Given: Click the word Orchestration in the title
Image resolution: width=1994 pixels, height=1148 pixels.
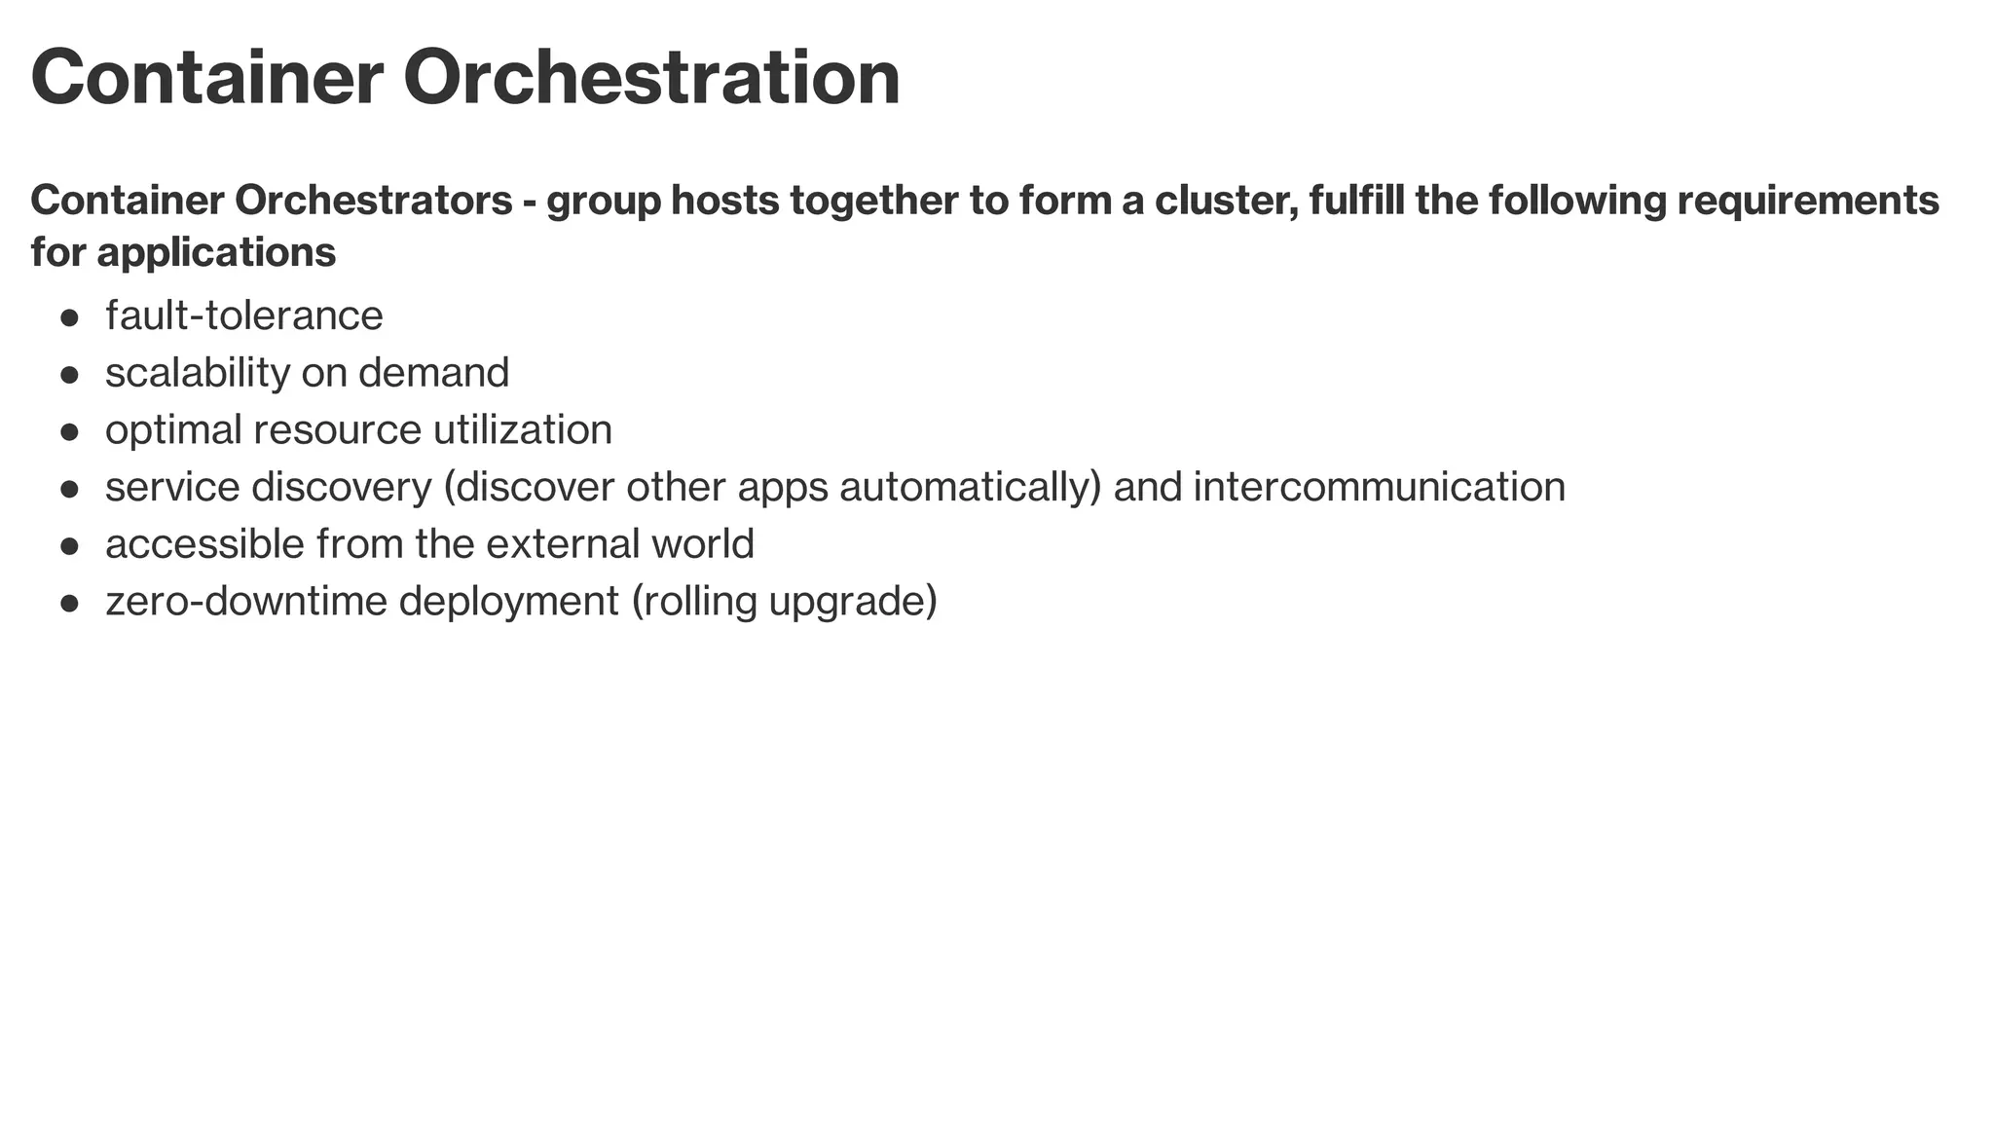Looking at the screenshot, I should click(x=652, y=78).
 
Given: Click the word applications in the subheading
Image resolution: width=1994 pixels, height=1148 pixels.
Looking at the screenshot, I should click(x=216, y=252).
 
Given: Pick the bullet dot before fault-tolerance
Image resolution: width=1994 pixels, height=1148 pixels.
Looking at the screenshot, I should click(x=69, y=317).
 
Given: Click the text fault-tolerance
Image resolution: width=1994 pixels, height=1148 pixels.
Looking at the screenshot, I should click(x=244, y=315).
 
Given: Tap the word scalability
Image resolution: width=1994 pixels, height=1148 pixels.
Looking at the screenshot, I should click(x=198, y=373).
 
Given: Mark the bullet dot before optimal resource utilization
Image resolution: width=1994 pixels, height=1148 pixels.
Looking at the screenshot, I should click(x=69, y=431).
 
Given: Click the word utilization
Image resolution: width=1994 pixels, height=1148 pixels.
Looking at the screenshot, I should click(x=523, y=429).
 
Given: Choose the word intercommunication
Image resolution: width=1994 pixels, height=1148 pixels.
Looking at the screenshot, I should click(x=1379, y=487).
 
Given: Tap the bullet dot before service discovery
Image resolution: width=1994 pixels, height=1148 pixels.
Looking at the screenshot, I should click(x=69, y=489).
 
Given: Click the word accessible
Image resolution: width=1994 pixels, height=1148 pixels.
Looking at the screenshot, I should click(x=204, y=543).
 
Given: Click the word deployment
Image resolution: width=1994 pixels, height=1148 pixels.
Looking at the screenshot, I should click(x=509, y=602).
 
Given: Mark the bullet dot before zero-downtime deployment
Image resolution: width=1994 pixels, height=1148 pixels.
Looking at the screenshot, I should click(x=69, y=603).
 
